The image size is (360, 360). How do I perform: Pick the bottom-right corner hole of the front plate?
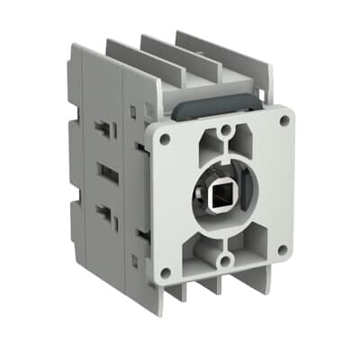tap(283, 248)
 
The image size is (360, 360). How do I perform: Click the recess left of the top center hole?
tap(204, 145)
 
